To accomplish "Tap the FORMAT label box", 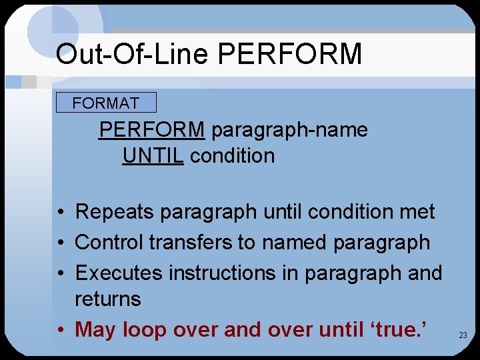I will click(x=106, y=103).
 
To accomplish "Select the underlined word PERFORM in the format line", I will click(x=152, y=129).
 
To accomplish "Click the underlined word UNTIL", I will click(x=153, y=156).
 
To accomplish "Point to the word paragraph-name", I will click(x=289, y=129).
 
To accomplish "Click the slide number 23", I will click(x=463, y=335).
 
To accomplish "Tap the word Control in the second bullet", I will click(x=109, y=242).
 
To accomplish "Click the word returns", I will click(x=108, y=299).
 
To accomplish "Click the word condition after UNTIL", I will click(x=232, y=156).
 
